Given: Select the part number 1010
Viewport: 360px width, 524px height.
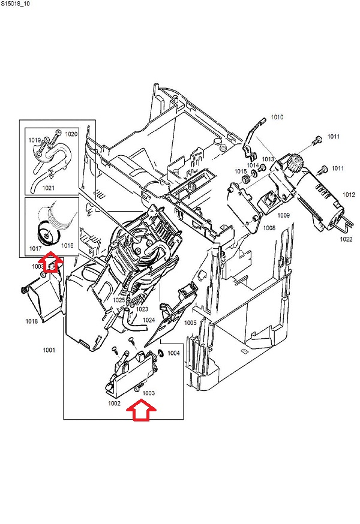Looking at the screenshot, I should point(276,117).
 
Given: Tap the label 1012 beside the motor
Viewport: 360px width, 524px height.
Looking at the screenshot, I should point(349,195).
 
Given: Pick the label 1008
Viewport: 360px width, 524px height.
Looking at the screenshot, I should point(268,228).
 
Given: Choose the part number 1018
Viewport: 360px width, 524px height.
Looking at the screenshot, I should point(31,321).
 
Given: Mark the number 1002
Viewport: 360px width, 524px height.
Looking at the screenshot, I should point(115,403).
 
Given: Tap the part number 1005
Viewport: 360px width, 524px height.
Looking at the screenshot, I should point(190,323).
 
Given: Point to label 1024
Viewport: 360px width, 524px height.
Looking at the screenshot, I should point(149,321).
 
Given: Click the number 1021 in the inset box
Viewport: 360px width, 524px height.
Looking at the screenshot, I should point(49,188).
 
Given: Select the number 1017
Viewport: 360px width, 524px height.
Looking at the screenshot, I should point(35,246).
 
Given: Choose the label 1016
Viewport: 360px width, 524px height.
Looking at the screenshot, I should point(67,246).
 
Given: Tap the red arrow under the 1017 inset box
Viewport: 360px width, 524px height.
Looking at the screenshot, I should point(53,262).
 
